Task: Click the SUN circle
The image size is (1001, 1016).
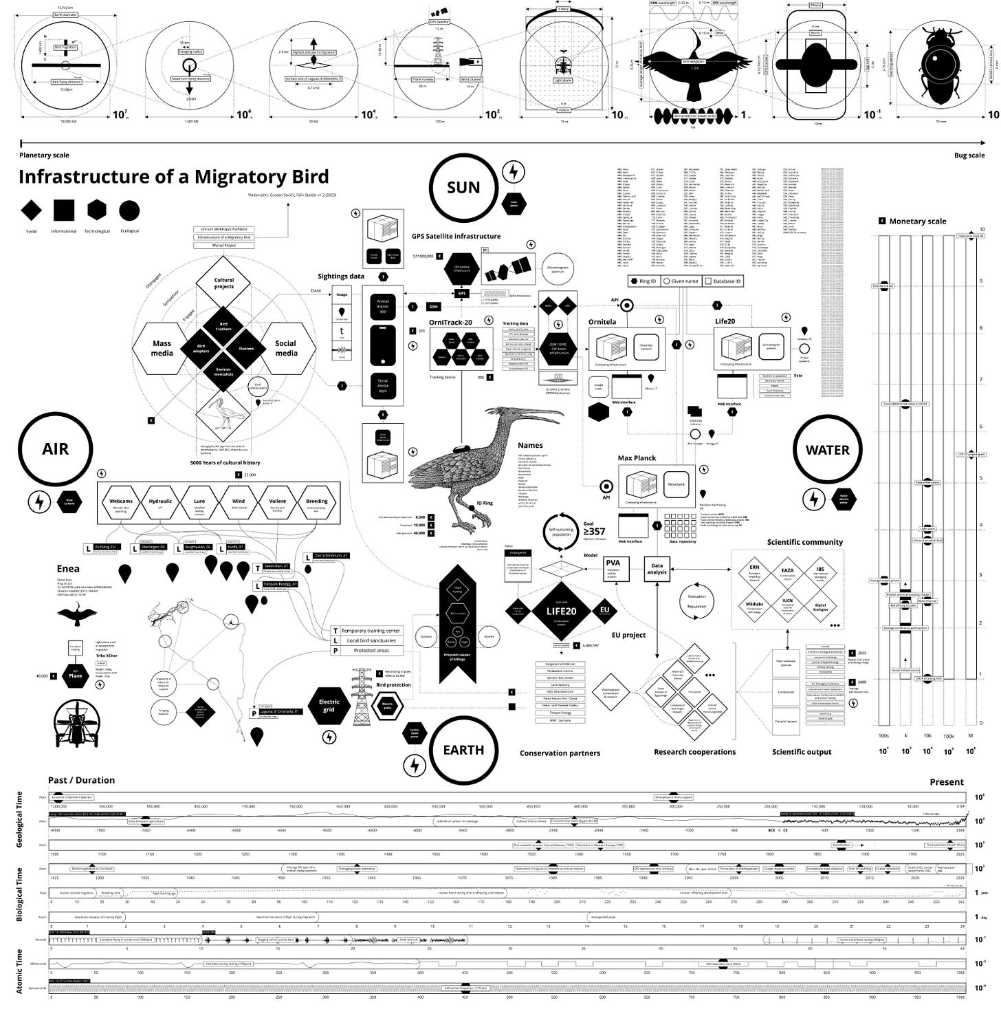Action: coord(463,187)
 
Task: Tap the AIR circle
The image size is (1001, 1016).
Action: coord(55,449)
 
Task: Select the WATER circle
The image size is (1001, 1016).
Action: coord(827,450)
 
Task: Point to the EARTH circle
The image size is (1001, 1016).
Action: coord(463,750)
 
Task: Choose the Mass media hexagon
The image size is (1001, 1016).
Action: coord(162,348)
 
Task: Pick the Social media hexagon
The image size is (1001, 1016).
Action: coord(286,348)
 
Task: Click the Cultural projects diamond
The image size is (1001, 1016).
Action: coord(223,283)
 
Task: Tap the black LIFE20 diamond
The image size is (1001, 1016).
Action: coord(561,611)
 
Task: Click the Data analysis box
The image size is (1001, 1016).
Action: coord(657,568)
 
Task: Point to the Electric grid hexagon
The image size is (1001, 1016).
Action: coord(329,706)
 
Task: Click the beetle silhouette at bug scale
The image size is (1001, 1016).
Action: coord(941,65)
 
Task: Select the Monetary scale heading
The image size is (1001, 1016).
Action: coord(917,221)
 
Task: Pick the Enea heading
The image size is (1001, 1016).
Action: coord(68,569)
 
